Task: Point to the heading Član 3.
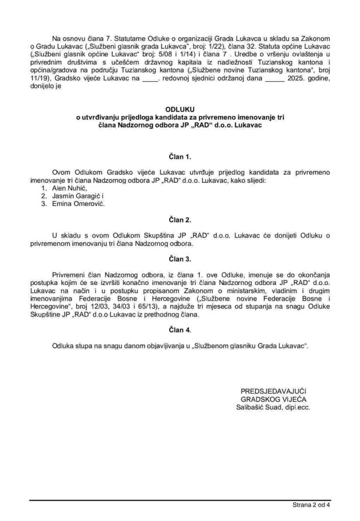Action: pyautogui.click(x=179, y=259)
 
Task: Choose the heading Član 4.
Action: pyautogui.click(x=179, y=330)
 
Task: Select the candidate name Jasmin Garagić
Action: pyautogui.click(x=78, y=196)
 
